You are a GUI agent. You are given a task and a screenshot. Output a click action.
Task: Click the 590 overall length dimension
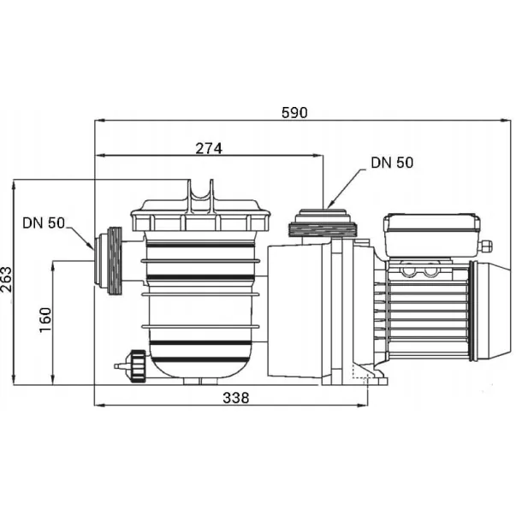[x=294, y=113]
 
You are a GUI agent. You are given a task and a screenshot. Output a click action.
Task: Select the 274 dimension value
[x=209, y=149]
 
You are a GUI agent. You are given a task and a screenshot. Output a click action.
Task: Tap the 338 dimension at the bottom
[x=236, y=398]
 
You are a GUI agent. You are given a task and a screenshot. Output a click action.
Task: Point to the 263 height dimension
[x=6, y=279]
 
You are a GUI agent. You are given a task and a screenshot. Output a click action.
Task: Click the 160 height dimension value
[x=45, y=320]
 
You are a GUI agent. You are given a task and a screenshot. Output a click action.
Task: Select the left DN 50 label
[x=44, y=222]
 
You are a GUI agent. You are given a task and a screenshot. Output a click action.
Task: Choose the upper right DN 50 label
[x=392, y=163]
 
